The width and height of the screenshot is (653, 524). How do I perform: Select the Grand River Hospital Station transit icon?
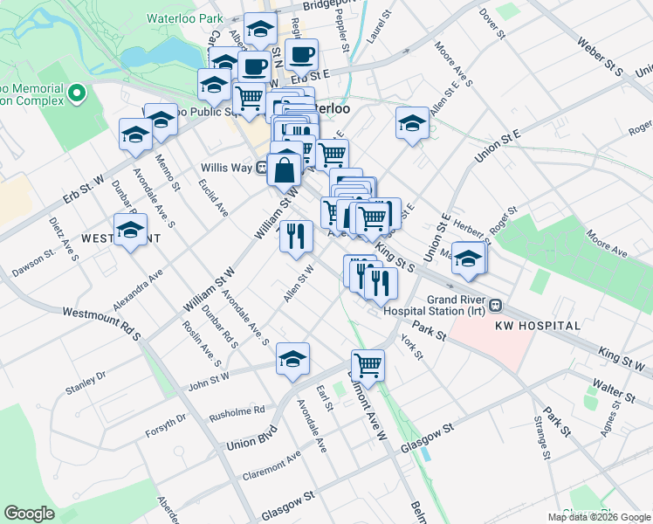tap(495, 306)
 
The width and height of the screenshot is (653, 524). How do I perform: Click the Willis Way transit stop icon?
tap(261, 168)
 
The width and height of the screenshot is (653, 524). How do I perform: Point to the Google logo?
tap(29, 513)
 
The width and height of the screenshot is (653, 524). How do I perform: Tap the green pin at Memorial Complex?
tap(76, 91)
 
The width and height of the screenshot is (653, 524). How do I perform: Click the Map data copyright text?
tap(599, 517)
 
